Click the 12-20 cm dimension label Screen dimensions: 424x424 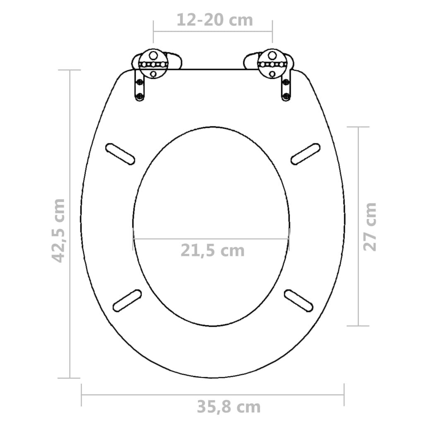214,20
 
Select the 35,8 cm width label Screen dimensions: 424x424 229,407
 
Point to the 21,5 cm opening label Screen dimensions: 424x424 212,250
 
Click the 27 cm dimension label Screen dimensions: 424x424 370,226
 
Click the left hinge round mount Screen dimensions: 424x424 153,64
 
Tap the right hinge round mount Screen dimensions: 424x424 272,64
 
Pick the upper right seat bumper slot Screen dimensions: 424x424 306,154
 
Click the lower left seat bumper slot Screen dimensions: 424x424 127,300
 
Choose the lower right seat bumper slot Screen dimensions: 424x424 298,300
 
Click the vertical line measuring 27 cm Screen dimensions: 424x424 357,186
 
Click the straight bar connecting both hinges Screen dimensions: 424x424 213,70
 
